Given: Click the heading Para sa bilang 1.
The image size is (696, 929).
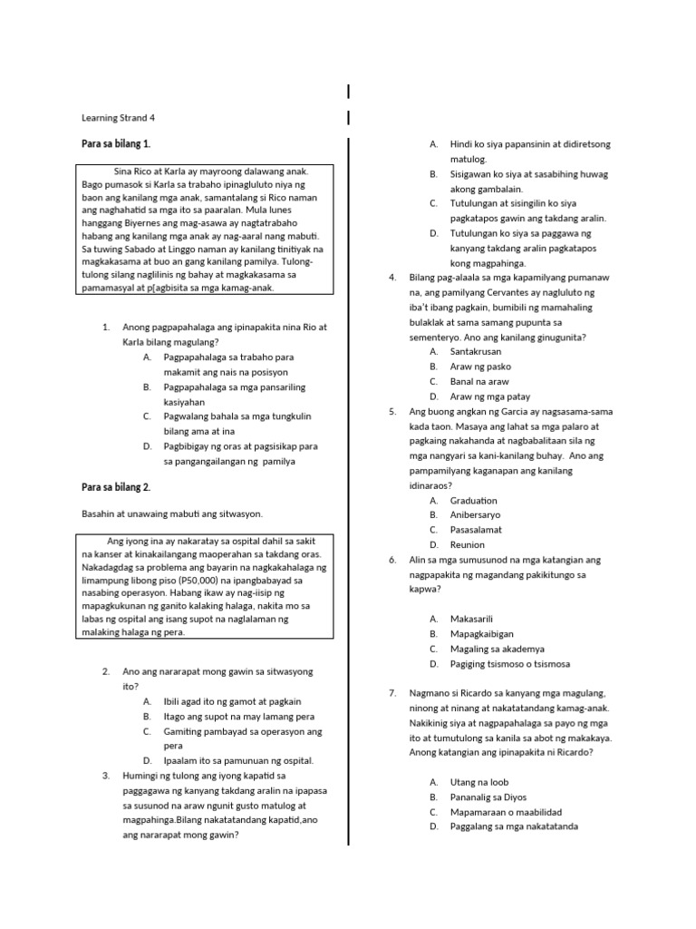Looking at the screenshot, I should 116,144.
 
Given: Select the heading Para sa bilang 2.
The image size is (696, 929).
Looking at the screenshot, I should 116,487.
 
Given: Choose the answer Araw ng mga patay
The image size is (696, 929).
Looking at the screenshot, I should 490,396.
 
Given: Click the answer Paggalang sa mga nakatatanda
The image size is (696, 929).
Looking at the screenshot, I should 514,826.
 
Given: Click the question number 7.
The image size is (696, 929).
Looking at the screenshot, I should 392,693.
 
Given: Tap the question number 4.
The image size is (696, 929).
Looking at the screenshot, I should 392,277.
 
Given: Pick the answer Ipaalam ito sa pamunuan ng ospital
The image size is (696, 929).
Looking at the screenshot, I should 238,760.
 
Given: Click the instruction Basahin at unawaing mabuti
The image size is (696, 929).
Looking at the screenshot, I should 172,514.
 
